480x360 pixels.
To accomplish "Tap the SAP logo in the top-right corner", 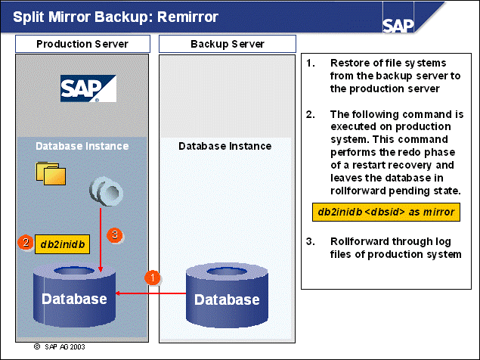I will click(398, 25).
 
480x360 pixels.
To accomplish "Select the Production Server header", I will click(82, 44).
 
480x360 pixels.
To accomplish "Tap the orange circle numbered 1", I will click(153, 277).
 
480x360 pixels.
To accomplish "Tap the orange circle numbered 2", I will click(26, 243).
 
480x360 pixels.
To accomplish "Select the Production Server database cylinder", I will click(74, 291).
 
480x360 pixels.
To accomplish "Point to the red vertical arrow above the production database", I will click(100, 242).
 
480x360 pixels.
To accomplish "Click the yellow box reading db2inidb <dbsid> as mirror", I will click(384, 212).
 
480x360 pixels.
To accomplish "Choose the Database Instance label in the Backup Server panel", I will click(225, 146).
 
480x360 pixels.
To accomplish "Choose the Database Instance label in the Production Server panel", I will click(82, 146).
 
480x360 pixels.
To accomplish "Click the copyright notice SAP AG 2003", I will click(61, 348).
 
